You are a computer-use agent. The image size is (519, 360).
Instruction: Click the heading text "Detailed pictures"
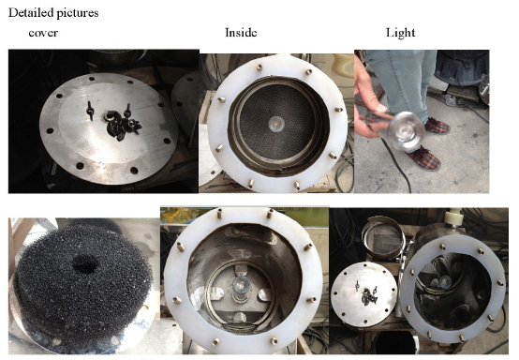pyautogui.click(x=53, y=13)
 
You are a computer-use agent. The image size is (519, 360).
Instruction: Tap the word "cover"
pyautogui.click(x=43, y=33)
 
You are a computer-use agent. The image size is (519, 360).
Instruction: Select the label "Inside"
pyautogui.click(x=241, y=32)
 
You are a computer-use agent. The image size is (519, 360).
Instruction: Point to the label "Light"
pyautogui.click(x=401, y=33)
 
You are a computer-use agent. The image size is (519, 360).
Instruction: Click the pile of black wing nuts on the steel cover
pyautogui.click(x=122, y=124)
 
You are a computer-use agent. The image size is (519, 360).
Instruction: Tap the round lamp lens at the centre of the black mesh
pyautogui.click(x=276, y=124)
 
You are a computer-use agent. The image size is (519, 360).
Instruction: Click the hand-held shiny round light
pyautogui.click(x=407, y=131)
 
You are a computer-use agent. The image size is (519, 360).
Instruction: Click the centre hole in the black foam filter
pyautogui.click(x=85, y=264)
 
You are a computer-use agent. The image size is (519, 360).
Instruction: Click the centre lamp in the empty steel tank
pyautogui.click(x=242, y=284)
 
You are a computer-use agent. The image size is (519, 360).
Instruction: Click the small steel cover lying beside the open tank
pyautogui.click(x=364, y=293)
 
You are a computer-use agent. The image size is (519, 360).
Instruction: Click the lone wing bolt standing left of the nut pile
pyautogui.click(x=90, y=111)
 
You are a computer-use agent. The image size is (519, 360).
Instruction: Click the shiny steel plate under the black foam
pyautogui.click(x=82, y=335)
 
